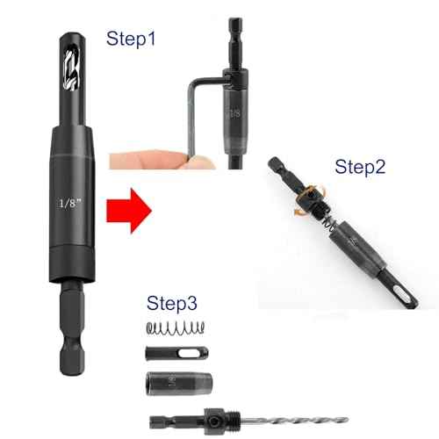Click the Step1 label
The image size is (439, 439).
click(132, 39)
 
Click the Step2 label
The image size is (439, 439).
click(359, 166)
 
